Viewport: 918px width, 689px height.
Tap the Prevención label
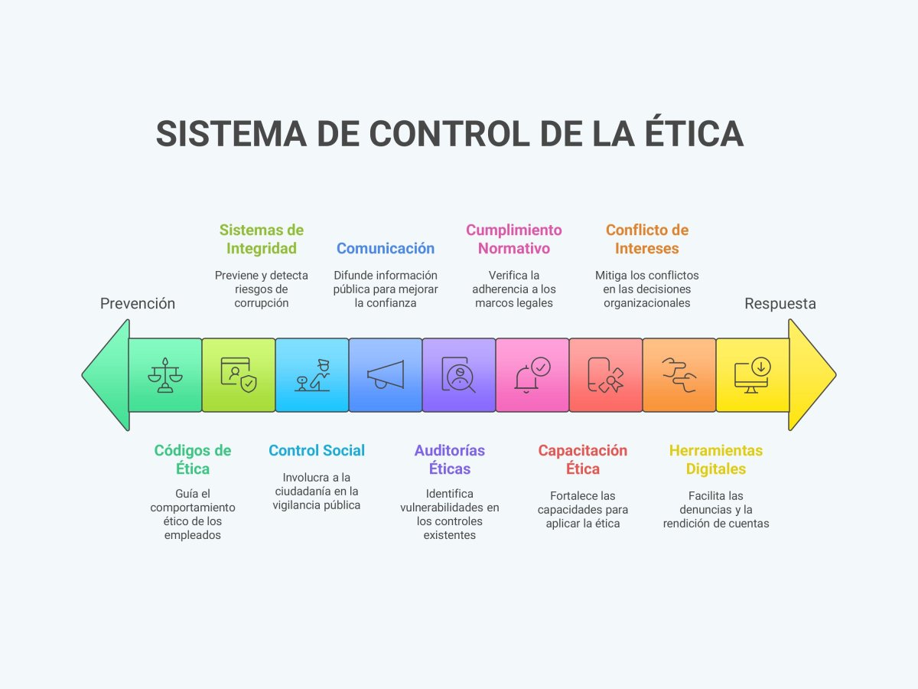[138, 304]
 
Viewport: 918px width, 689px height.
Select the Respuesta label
[780, 304]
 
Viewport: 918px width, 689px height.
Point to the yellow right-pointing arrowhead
[811, 375]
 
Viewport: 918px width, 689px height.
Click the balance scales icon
[165, 375]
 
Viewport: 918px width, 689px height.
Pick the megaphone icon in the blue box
[386, 375]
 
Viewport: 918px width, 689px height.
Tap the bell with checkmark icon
[532, 375]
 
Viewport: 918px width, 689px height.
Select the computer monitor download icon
[753, 375]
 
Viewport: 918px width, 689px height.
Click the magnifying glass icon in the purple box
[459, 375]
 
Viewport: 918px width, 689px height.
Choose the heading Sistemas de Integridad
[262, 239]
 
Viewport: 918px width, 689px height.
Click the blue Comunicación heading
[386, 248]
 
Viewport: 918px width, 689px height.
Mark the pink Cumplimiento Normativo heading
[514, 239]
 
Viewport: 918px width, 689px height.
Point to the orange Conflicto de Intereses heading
[647, 239]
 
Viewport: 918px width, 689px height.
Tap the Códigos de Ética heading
[193, 459]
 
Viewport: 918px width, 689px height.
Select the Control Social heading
[317, 450]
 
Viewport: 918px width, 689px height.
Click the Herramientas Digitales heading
[716, 459]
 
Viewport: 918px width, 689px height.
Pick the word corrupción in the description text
[262, 302]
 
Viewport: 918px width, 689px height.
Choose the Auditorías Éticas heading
[450, 459]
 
